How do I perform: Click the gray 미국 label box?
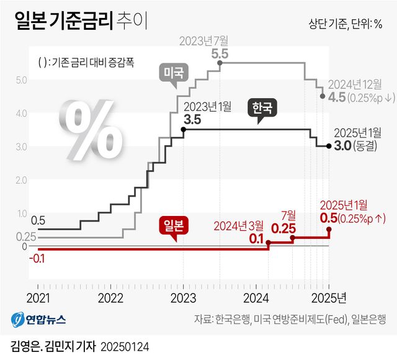click(x=173, y=73)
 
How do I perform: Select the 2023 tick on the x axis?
click(x=183, y=298)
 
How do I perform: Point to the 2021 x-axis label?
click(x=38, y=298)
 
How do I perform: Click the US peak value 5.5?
click(x=220, y=55)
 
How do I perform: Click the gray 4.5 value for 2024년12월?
click(x=337, y=97)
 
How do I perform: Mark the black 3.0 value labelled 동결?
click(x=342, y=146)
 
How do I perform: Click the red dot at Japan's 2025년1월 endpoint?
click(x=329, y=230)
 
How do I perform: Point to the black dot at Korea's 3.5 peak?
click(x=183, y=129)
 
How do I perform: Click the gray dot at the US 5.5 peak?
click(x=219, y=63)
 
